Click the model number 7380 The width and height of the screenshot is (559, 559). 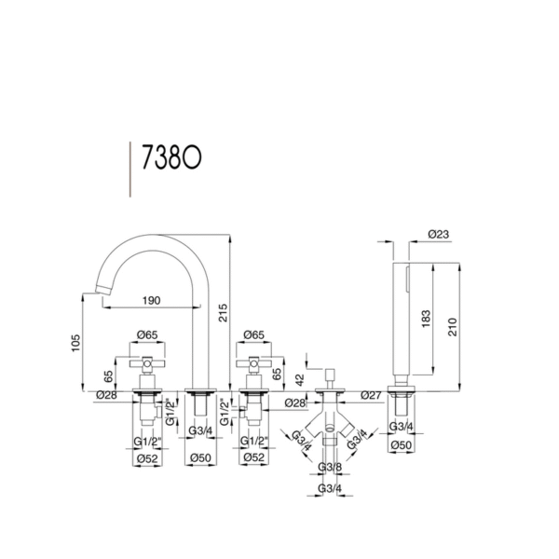point(171,157)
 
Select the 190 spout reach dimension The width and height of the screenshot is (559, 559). point(152,301)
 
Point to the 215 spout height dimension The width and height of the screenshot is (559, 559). point(223,313)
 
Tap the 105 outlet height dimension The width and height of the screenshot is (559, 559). point(75,343)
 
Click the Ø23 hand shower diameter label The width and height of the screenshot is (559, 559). point(439,234)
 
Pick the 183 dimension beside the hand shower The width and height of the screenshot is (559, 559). point(426,319)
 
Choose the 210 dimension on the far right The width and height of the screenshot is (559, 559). point(452,327)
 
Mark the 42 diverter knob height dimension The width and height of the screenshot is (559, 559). point(300,380)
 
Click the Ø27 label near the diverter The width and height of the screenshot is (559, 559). point(371,395)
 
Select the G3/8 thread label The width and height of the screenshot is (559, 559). point(330,467)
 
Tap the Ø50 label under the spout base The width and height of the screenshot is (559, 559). point(200,457)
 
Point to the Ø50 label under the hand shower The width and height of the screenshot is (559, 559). point(401,445)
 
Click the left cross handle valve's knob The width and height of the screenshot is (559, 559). point(147,363)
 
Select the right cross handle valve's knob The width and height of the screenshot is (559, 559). point(253,363)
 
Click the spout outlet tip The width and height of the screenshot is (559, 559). point(102,290)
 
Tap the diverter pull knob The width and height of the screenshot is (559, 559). point(330,375)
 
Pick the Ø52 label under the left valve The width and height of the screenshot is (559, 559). point(147,458)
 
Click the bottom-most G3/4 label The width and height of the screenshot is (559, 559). point(330,488)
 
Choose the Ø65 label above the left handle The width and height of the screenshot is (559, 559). point(147,335)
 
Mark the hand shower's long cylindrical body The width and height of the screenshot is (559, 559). point(401,319)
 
